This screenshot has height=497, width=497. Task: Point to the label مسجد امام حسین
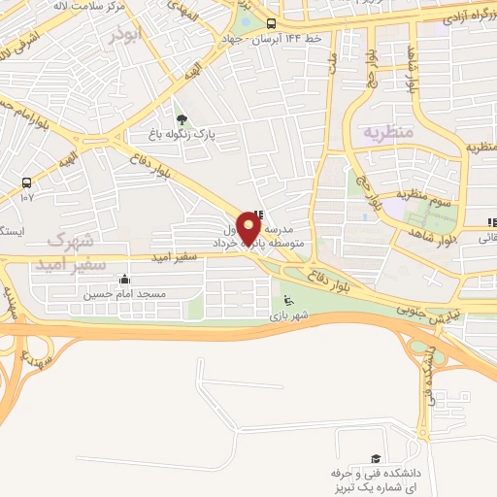coord(124,293)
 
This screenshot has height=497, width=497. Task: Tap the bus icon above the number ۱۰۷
coord(26,182)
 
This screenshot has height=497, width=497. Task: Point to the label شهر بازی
coord(289,315)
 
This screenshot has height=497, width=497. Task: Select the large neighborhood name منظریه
coord(388,131)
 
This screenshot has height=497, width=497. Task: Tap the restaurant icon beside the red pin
coord(257,215)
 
